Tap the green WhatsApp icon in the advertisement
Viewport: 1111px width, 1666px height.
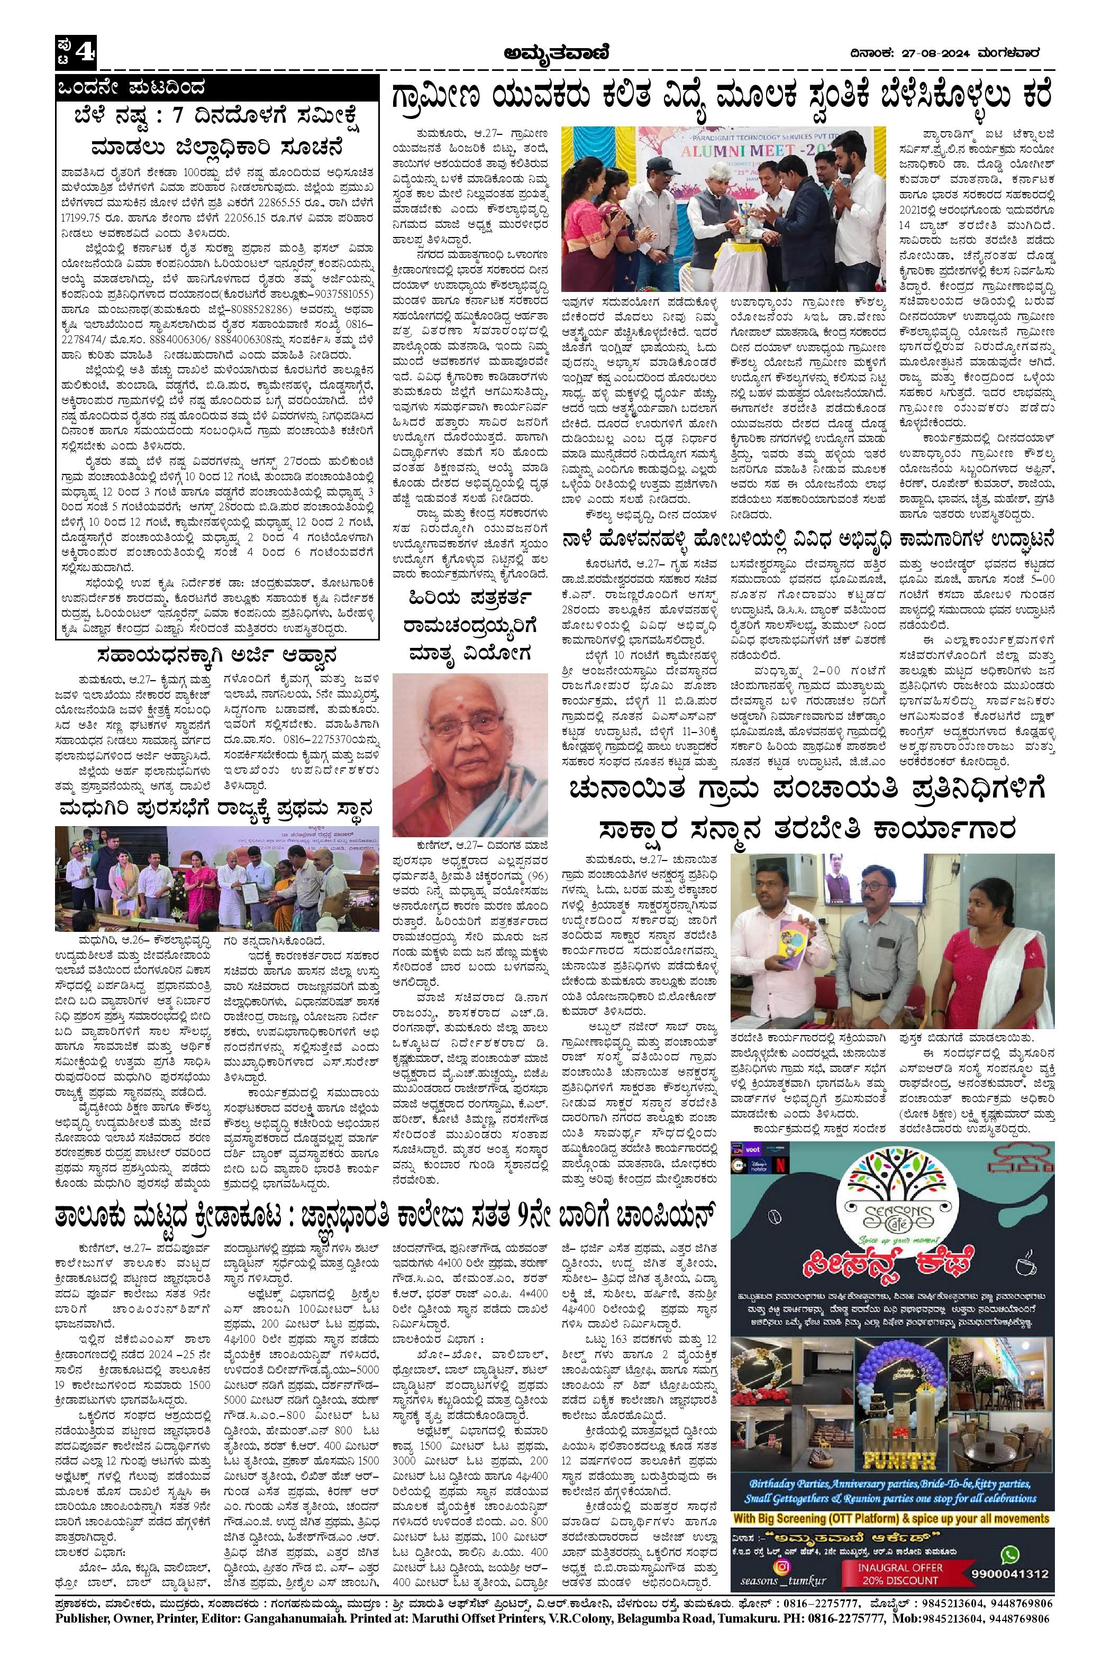point(1009,1490)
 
